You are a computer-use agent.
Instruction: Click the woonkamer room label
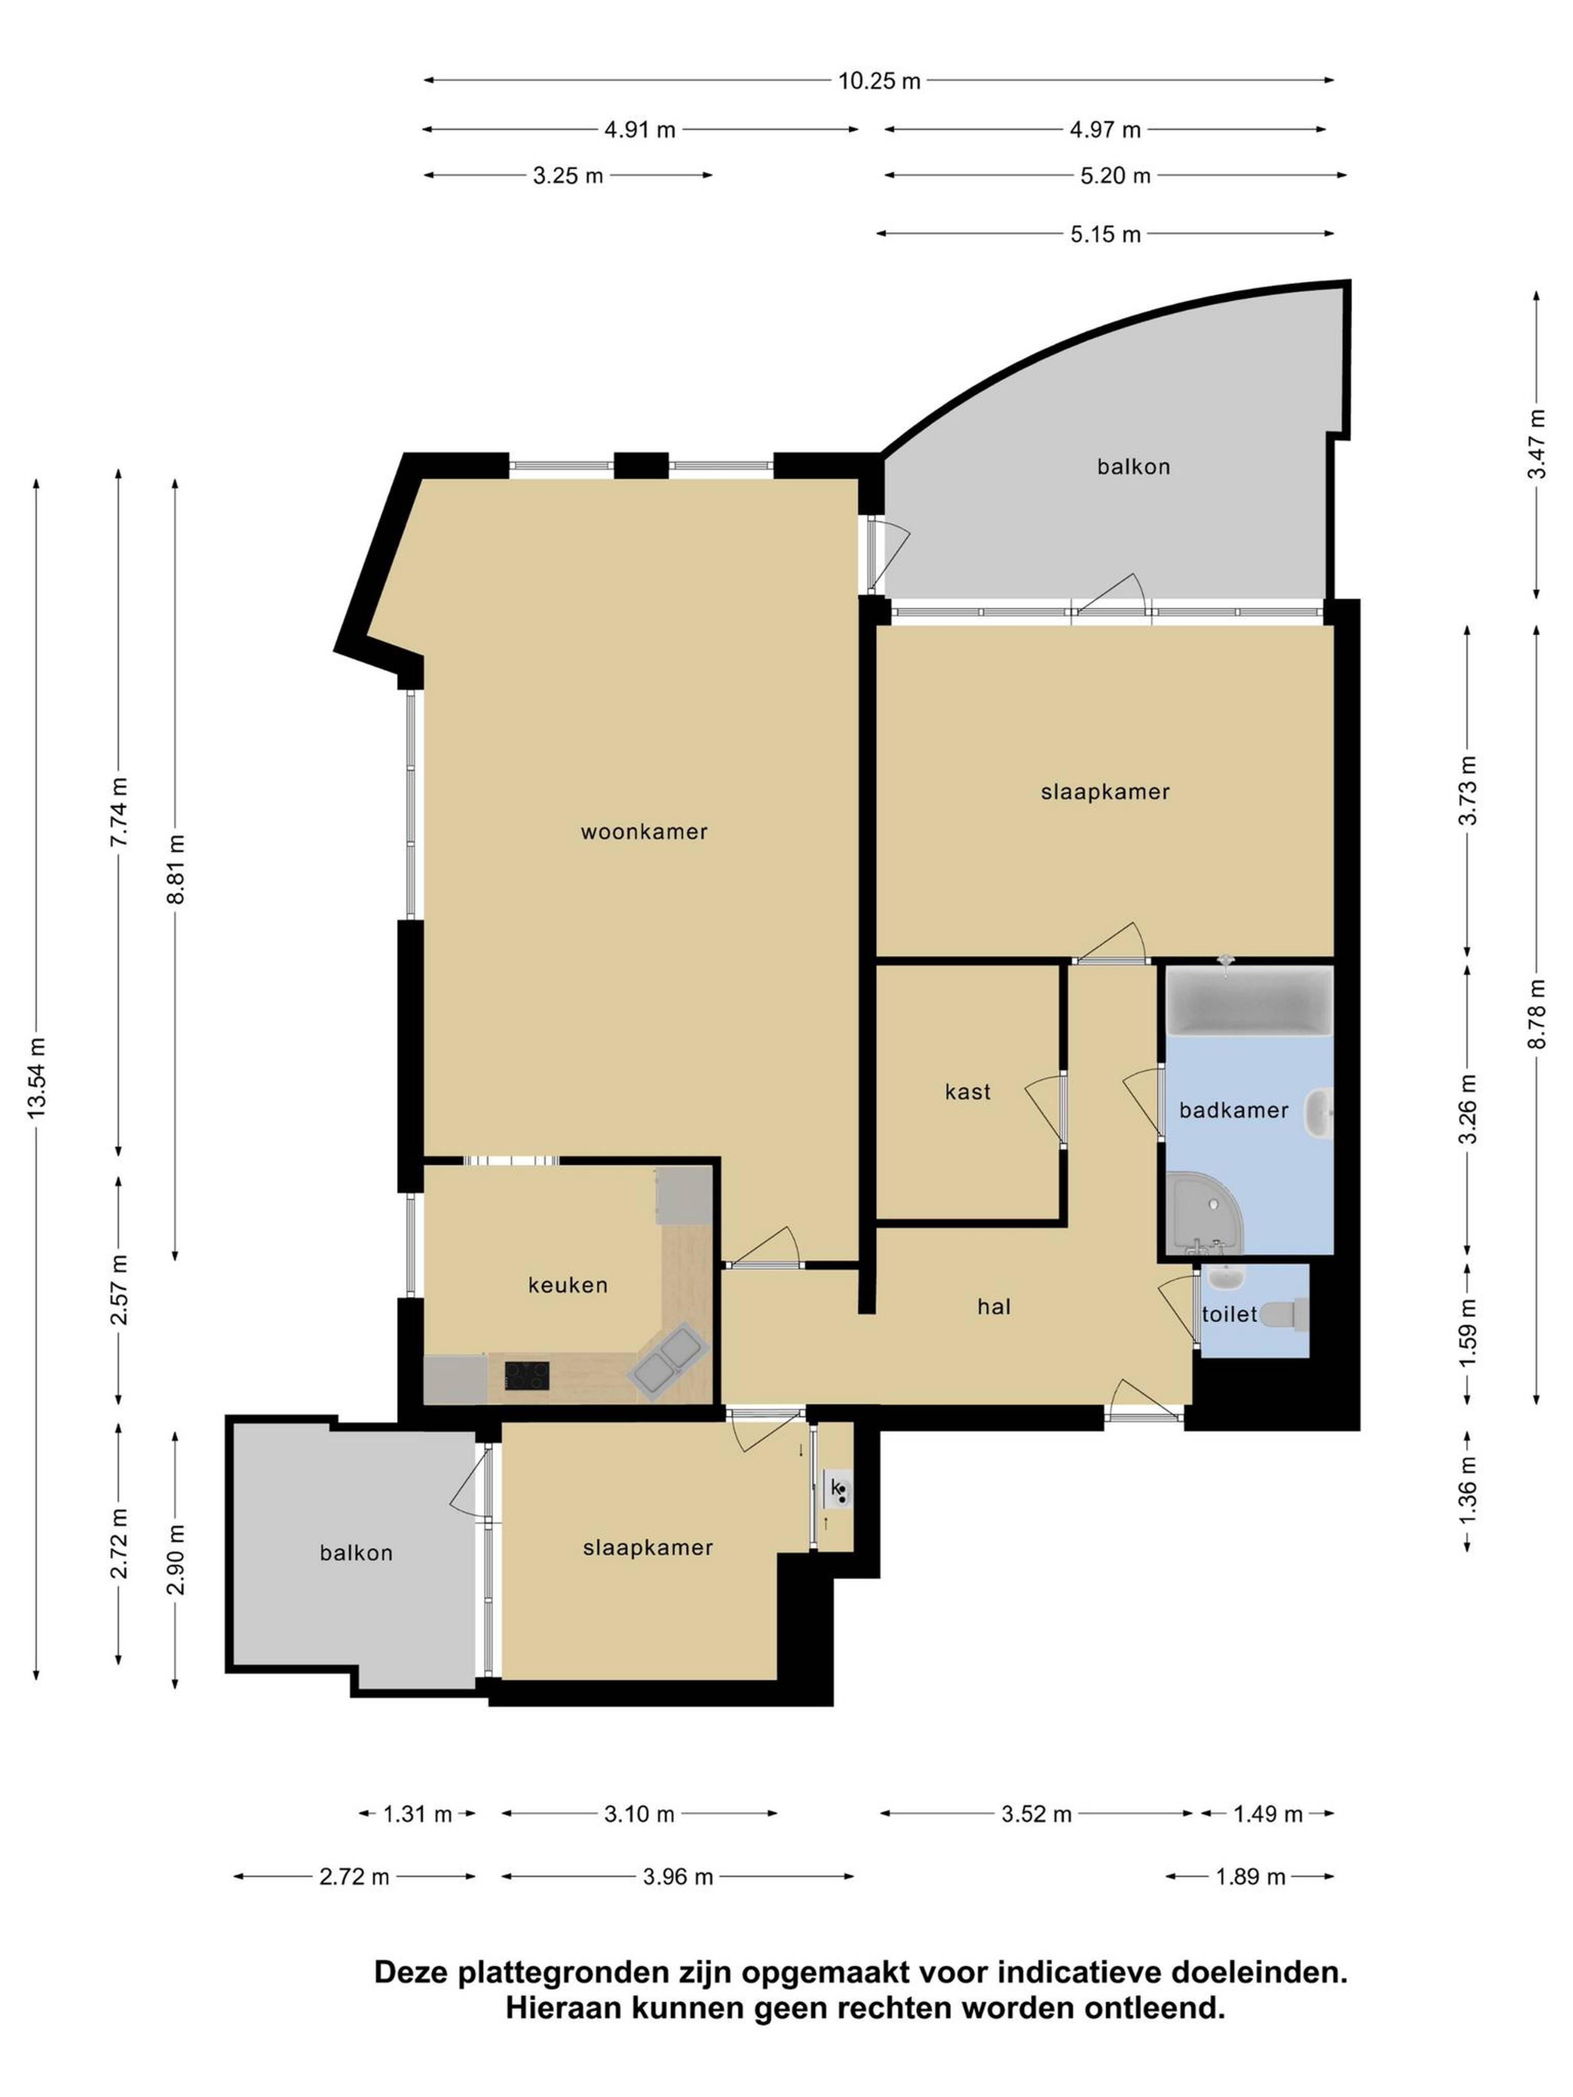(x=644, y=831)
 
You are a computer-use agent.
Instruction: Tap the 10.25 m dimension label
(x=879, y=81)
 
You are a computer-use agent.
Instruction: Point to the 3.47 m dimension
(x=1536, y=444)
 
